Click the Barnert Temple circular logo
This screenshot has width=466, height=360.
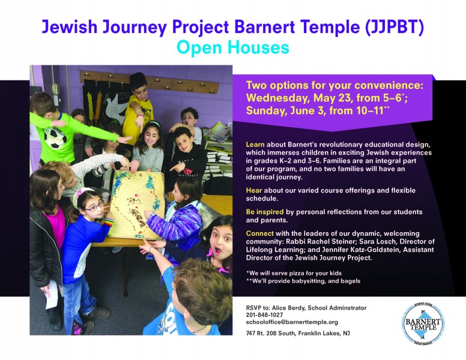tap(423, 324)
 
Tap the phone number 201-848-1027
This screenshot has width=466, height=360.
tap(264, 315)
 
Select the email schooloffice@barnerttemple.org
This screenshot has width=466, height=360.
tap(292, 322)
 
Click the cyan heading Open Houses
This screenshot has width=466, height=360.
tap(233, 47)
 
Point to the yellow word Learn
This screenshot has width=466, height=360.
tap(255, 145)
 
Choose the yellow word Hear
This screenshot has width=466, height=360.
tap(254, 190)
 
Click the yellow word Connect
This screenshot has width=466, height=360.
tap(260, 233)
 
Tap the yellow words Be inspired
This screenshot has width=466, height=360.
tap(265, 212)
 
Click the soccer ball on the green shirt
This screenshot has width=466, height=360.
tap(55, 138)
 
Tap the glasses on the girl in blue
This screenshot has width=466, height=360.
tap(94, 206)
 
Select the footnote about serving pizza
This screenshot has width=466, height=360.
tap(294, 273)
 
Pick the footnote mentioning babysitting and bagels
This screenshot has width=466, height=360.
tap(303, 281)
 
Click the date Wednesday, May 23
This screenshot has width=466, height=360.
tap(300, 98)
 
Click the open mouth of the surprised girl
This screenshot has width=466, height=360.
tap(218, 251)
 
